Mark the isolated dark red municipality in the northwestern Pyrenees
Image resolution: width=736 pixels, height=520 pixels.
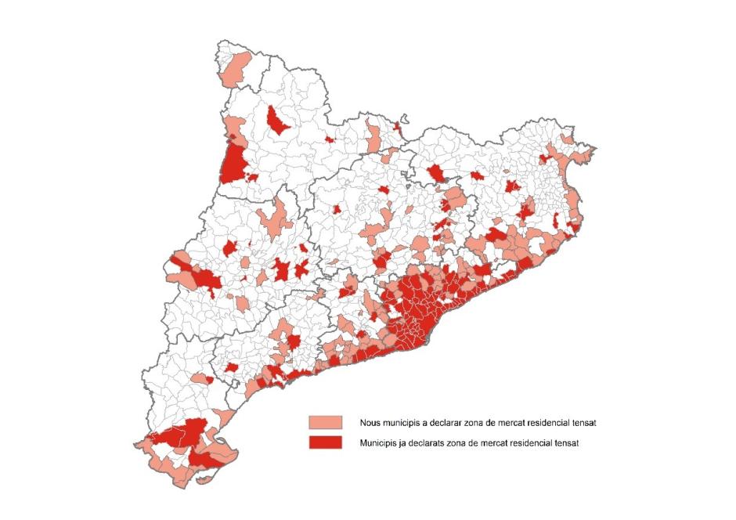pos(276,120)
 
